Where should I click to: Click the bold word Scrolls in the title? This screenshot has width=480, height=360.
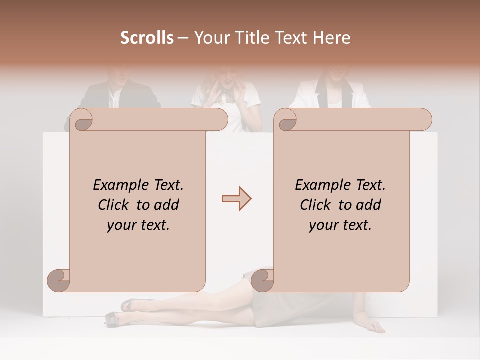tap(147, 38)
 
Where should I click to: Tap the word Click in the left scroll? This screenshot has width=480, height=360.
tap(115, 205)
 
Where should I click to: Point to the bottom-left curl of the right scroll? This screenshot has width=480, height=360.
tap(263, 280)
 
